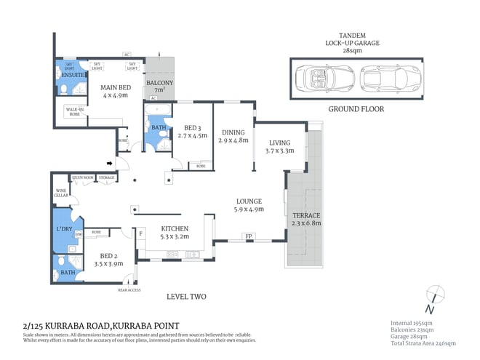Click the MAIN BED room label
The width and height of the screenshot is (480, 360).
[x=114, y=90]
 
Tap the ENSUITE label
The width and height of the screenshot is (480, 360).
[x=71, y=76]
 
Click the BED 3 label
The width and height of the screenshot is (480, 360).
[x=195, y=131]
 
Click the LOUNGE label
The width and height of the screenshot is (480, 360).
[x=249, y=204]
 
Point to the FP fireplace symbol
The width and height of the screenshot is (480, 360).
[x=249, y=237]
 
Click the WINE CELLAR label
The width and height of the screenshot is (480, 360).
[x=61, y=193]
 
